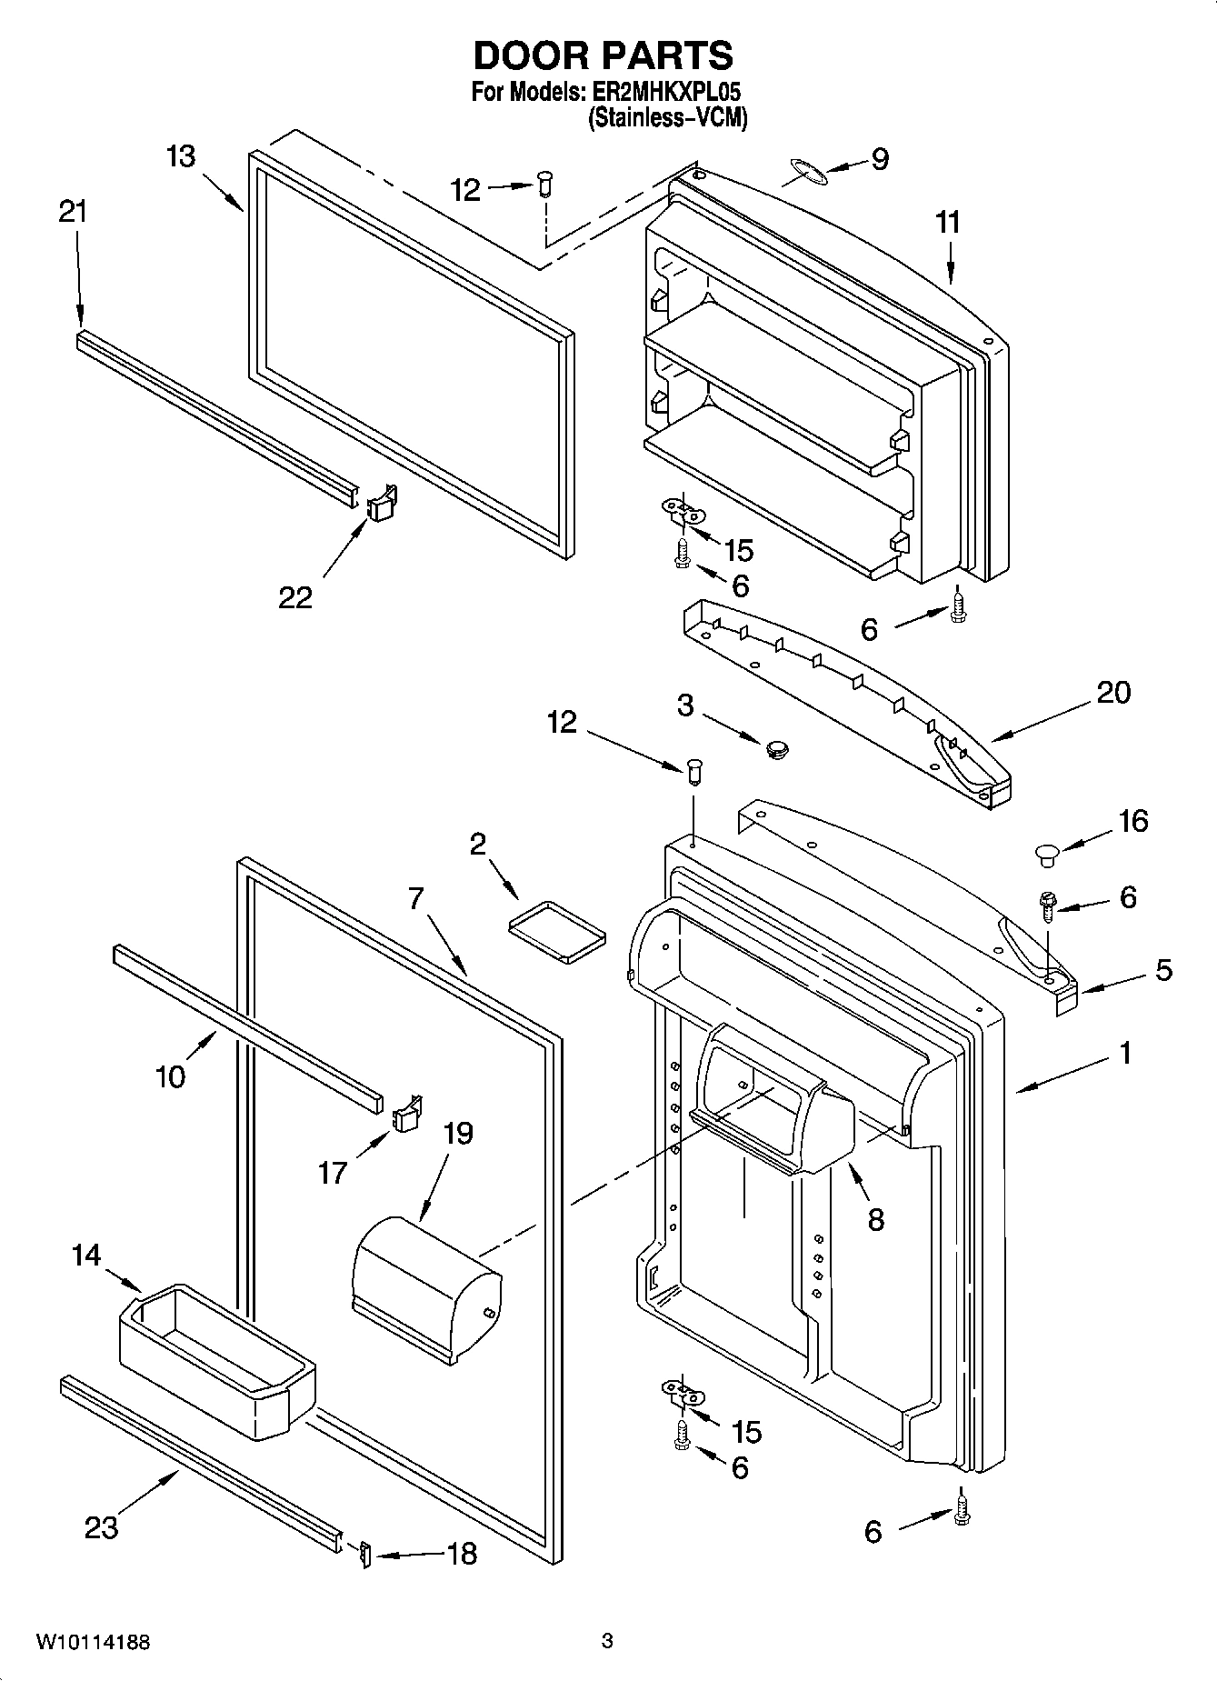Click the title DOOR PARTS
[x=603, y=56]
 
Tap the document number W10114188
[x=93, y=1642]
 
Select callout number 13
[x=181, y=156]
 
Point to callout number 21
[x=73, y=212]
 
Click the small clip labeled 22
[x=383, y=503]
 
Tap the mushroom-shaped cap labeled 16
[x=1046, y=853]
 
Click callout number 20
[x=1113, y=693]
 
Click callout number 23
[x=102, y=1526]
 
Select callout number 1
[x=1125, y=1054]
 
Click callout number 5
[x=1163, y=970]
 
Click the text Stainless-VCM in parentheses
[x=667, y=118]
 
